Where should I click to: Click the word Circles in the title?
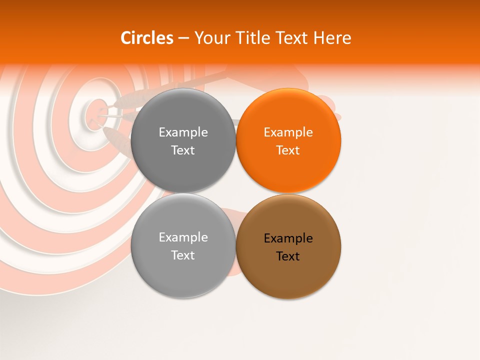146,38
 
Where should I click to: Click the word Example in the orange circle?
288,132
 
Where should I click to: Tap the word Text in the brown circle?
288,256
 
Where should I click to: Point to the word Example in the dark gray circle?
183,132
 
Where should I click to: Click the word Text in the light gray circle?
183,255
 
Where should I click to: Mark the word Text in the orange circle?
288,150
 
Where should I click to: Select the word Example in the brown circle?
288,238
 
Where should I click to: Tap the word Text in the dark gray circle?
183,150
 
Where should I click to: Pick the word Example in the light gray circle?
183,237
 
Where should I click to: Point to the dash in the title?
183,38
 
